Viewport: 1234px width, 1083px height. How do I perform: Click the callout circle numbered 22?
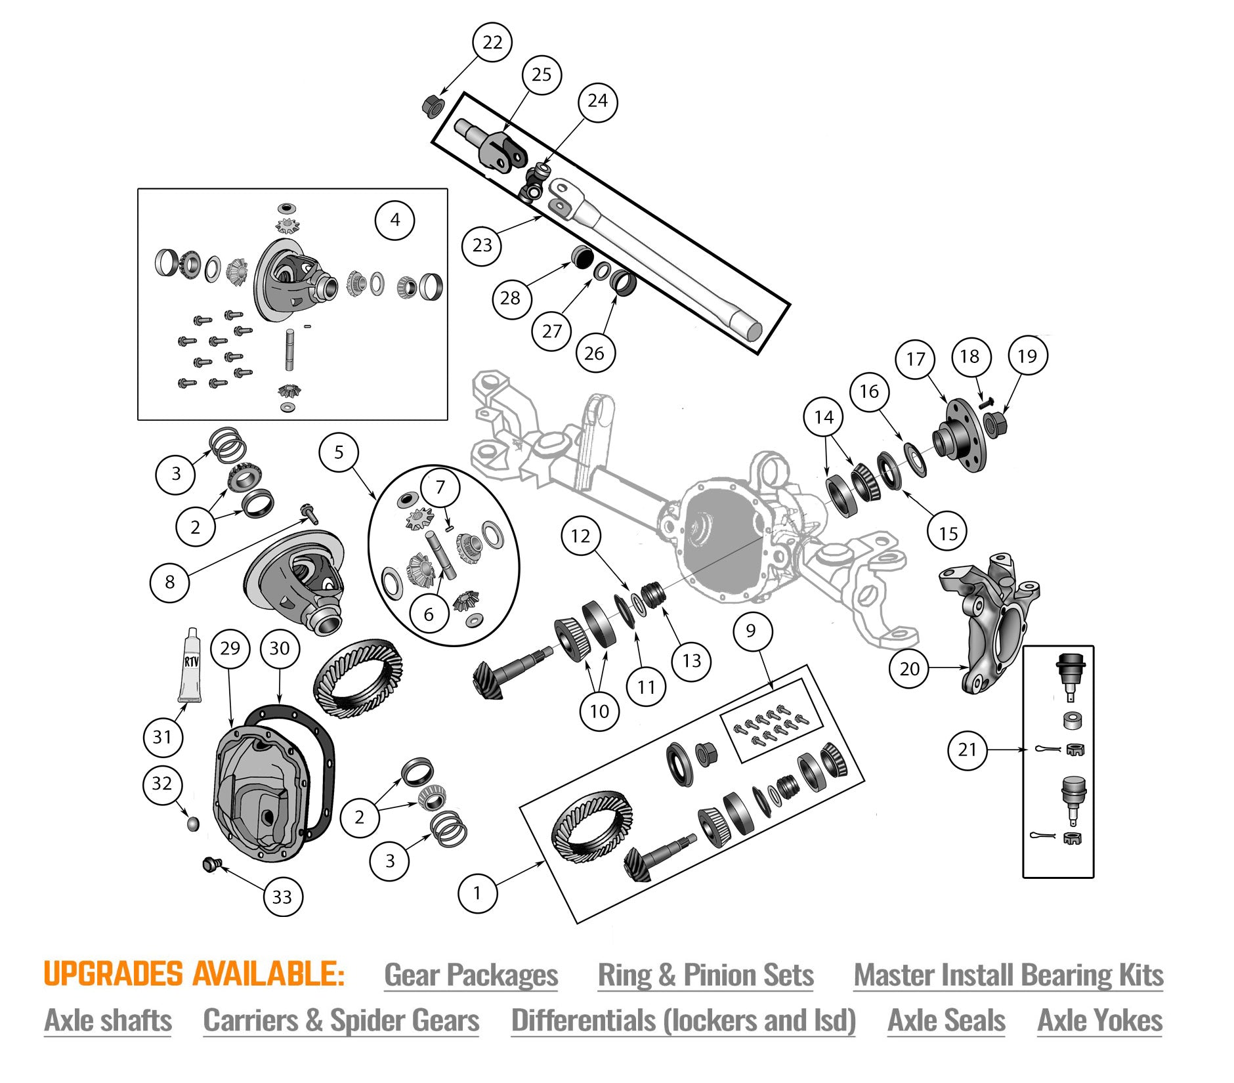[x=492, y=43]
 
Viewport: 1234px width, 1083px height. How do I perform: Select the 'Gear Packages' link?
[x=471, y=975]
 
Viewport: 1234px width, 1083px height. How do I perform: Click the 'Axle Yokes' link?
[x=1099, y=1021]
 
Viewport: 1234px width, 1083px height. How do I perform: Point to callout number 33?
[x=282, y=897]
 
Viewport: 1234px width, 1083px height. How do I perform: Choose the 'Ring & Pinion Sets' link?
[x=706, y=975]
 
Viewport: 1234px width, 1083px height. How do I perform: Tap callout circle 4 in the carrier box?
[x=395, y=220]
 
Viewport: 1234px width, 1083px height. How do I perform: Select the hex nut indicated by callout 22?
[x=431, y=105]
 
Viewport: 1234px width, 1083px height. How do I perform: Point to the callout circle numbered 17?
[x=916, y=359]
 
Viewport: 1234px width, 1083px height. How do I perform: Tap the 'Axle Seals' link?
[x=946, y=1021]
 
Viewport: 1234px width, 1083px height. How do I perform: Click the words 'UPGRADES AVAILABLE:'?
[x=194, y=974]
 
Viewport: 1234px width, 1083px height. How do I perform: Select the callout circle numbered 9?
[x=751, y=631]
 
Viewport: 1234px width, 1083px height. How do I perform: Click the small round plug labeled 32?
[x=192, y=823]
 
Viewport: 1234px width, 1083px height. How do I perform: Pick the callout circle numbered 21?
[x=968, y=750]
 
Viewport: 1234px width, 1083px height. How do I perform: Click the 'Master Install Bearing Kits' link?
[x=1008, y=975]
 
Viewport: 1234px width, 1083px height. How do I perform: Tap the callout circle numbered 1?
[x=477, y=893]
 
